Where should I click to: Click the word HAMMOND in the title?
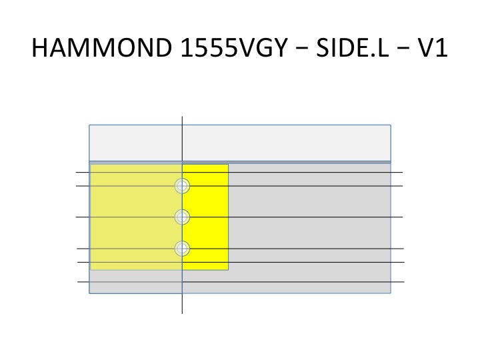pyautogui.click(x=102, y=48)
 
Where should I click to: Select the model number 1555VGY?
pyautogui.click(x=234, y=48)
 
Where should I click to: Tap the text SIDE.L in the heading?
pyautogui.click(x=353, y=48)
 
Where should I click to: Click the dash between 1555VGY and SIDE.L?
pyautogui.click(x=302, y=49)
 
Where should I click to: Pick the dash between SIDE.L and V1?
pyautogui.click(x=403, y=49)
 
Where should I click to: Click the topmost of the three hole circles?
pyautogui.click(x=182, y=186)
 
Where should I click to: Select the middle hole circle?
pyautogui.click(x=182, y=217)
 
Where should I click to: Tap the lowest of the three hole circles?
pyautogui.click(x=182, y=248)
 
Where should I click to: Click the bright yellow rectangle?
pyautogui.click(x=205, y=217)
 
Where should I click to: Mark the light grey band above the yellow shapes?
pyautogui.click(x=240, y=143)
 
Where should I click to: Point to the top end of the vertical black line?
pyautogui.click(x=182, y=117)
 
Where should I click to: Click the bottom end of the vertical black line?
pyautogui.click(x=182, y=313)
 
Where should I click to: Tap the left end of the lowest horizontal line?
pyautogui.click(x=78, y=281)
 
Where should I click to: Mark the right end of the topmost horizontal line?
pyautogui.click(x=402, y=173)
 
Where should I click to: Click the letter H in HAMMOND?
pyautogui.click(x=39, y=48)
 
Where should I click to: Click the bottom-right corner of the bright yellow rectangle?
pyautogui.click(x=229, y=270)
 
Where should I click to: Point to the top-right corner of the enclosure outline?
pyautogui.click(x=391, y=125)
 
